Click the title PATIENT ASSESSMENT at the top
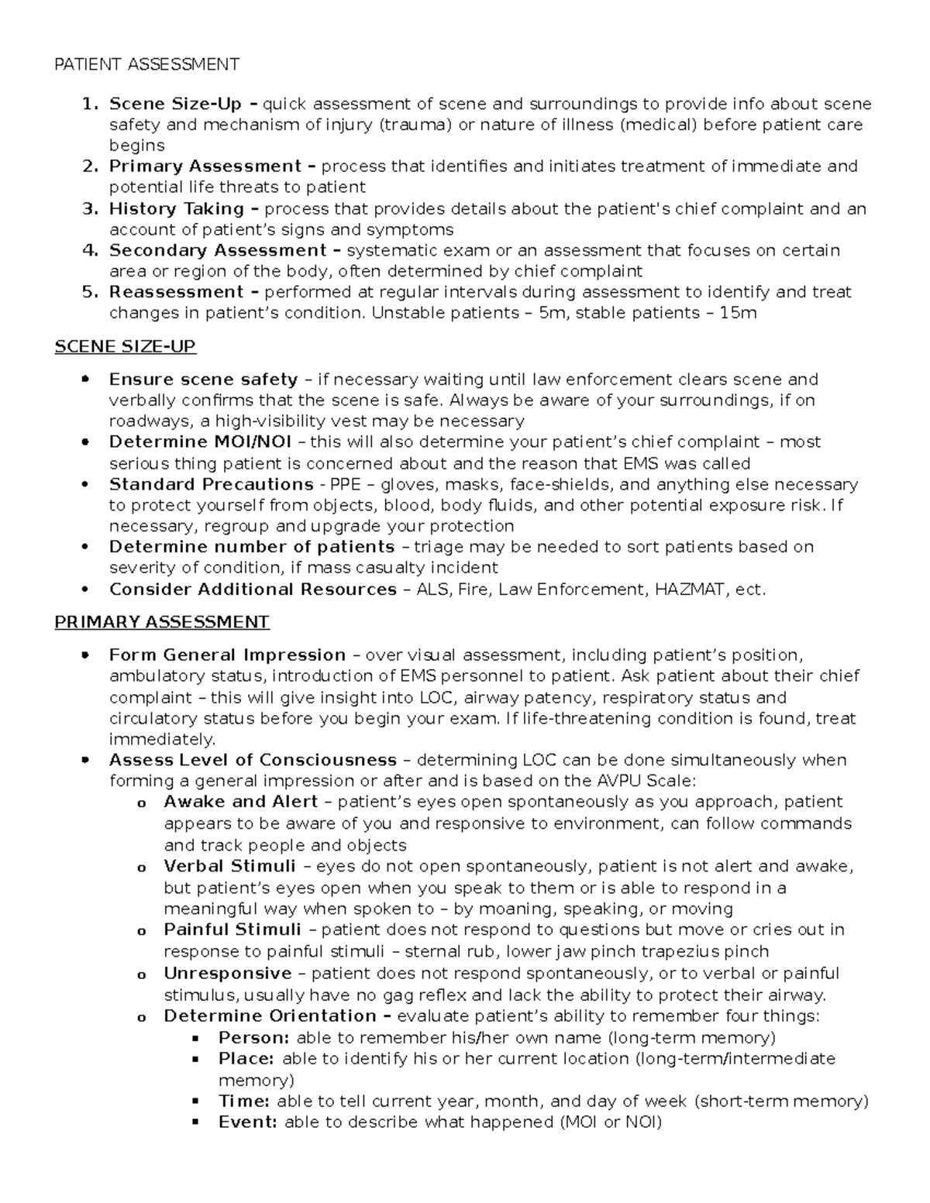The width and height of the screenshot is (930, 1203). pyautogui.click(x=146, y=64)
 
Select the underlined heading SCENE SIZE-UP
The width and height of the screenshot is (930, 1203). pyautogui.click(x=125, y=346)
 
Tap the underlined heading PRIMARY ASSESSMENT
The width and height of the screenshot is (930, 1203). pyautogui.click(x=161, y=622)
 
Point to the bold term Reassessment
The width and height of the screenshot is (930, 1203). pyautogui.click(x=176, y=292)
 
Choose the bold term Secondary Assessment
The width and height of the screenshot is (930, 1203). pyautogui.click(x=218, y=250)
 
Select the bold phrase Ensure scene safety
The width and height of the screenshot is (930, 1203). pyautogui.click(x=203, y=380)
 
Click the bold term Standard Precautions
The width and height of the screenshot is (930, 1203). pyautogui.click(x=211, y=484)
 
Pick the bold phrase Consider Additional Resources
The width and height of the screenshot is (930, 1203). pyautogui.click(x=253, y=589)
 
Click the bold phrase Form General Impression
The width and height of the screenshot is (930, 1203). pyautogui.click(x=227, y=655)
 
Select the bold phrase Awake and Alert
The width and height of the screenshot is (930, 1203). pyautogui.click(x=240, y=802)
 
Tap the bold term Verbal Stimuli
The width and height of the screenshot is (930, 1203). pyautogui.click(x=229, y=866)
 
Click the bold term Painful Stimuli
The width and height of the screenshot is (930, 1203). pyautogui.click(x=232, y=930)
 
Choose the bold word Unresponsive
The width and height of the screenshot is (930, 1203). pyautogui.click(x=228, y=973)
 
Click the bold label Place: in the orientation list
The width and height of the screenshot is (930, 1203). pyautogui.click(x=246, y=1059)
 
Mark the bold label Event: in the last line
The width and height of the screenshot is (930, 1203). pyautogui.click(x=247, y=1122)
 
